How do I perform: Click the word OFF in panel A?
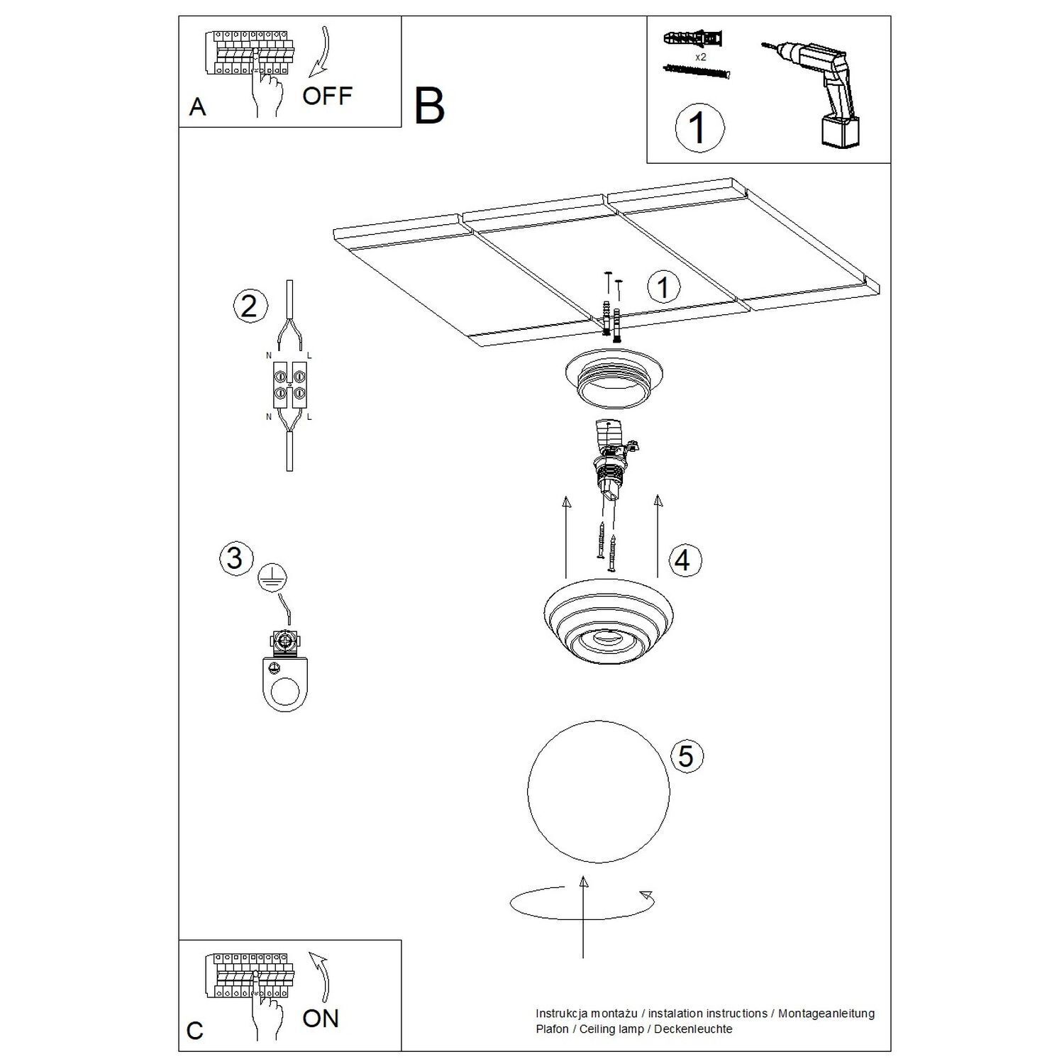[x=327, y=96]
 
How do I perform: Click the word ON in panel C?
[x=321, y=1018]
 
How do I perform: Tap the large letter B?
[x=429, y=105]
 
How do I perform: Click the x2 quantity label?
[x=700, y=56]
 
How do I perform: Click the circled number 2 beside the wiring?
[x=250, y=306]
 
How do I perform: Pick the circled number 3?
[x=235, y=558]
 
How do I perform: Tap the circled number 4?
[x=682, y=560]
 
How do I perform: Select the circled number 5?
[x=685, y=755]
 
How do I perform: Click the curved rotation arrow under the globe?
[x=582, y=904]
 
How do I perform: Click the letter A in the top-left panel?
[x=197, y=107]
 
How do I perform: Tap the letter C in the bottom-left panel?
[x=195, y=1030]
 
